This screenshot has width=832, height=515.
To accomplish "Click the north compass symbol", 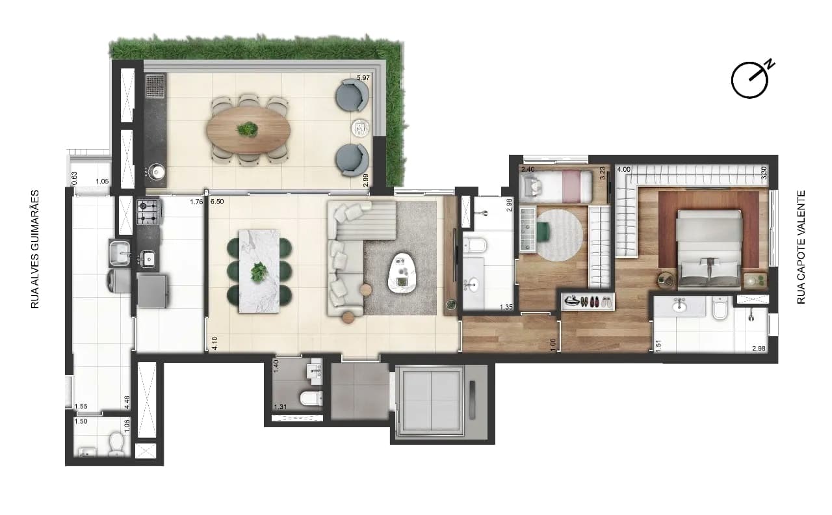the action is tap(749, 80).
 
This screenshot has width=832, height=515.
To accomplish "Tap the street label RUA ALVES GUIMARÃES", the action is tap(35, 249).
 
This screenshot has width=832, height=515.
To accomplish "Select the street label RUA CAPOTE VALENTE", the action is tap(801, 248).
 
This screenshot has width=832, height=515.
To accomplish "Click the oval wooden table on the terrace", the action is tap(248, 130).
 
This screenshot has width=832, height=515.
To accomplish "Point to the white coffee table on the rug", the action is tap(402, 272).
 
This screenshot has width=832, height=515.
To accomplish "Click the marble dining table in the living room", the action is tap(259, 271).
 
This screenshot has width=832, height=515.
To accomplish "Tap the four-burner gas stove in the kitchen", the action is tap(149, 212).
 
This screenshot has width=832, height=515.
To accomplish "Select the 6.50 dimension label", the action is tap(217, 202).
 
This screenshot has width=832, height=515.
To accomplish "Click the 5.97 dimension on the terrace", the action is tap(363, 77).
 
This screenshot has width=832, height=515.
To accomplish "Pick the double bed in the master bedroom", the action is tap(708, 249).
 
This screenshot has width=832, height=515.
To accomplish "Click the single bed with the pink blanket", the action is tap(556, 186).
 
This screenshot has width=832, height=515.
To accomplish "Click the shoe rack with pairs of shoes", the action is tap(588, 301).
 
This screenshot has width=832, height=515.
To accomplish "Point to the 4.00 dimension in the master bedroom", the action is tap(623, 170).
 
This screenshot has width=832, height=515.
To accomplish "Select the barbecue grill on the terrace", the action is tap(155, 86).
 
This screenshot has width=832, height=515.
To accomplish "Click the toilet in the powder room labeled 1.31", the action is tap(311, 398).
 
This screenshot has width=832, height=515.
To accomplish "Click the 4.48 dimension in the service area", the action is tap(127, 403).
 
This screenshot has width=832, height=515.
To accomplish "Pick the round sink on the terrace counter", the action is tap(159, 172).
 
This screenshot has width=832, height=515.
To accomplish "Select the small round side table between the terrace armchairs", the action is tap(360, 128).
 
